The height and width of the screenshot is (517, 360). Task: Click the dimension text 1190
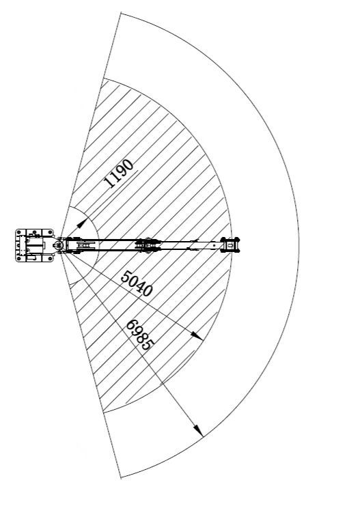(x=119, y=173)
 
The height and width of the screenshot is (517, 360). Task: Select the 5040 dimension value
(x=137, y=283)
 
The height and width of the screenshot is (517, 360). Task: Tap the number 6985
(x=140, y=335)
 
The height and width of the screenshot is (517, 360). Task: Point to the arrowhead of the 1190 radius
(x=81, y=223)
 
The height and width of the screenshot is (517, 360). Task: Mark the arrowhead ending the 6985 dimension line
(x=199, y=430)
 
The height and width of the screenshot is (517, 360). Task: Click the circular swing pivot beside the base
(x=58, y=245)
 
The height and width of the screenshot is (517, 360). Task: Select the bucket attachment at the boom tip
(x=230, y=244)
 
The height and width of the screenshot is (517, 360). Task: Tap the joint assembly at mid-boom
(x=148, y=245)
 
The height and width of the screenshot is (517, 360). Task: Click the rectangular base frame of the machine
(x=35, y=245)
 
